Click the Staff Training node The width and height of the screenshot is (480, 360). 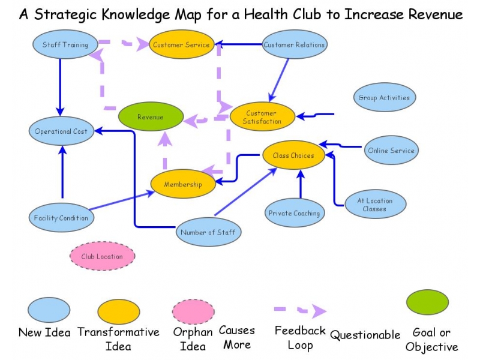point(65,44)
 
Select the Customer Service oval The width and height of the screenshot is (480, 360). point(181,44)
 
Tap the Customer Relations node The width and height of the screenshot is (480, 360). point(294,44)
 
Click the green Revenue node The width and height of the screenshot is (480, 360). point(150,117)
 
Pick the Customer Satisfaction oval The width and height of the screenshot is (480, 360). point(262,117)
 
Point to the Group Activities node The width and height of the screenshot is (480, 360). point(384,97)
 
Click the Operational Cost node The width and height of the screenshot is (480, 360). point(61,131)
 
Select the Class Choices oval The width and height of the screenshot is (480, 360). point(293,155)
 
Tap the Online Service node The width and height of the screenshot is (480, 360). point(391,151)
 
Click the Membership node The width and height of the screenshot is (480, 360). point(183,184)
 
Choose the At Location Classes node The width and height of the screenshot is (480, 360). point(375,205)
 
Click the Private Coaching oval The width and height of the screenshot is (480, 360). point(294,213)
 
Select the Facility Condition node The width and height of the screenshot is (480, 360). point(61,218)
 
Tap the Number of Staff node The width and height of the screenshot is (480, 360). point(209,232)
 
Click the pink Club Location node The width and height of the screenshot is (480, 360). point(102,256)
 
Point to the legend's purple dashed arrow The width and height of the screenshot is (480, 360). point(299,311)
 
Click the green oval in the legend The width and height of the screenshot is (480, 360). point(427,302)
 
